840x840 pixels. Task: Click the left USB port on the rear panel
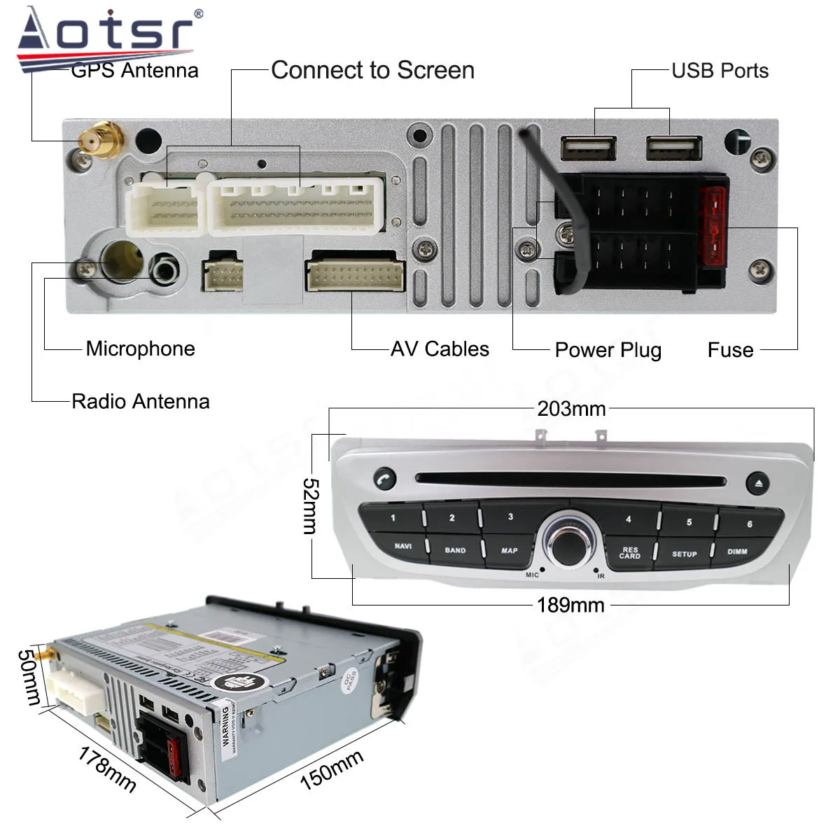pos(588,148)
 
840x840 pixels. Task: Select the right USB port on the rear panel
pos(673,148)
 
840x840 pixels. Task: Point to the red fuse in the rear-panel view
pos(713,227)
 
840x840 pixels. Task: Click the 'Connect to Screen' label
pos(372,71)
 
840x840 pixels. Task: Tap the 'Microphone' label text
pos(140,349)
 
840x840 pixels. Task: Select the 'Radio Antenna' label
pos(140,401)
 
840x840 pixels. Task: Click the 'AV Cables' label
pos(440,349)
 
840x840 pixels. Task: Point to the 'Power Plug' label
pos(608,350)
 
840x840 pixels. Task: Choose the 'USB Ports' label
pos(720,71)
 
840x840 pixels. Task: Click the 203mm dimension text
pos(571,409)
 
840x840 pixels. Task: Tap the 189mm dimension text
pos(570,605)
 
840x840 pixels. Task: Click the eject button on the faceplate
pos(758,484)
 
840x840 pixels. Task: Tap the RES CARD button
pos(629,553)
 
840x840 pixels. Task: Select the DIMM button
pos(736,552)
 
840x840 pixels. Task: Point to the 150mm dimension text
pos(331,769)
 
